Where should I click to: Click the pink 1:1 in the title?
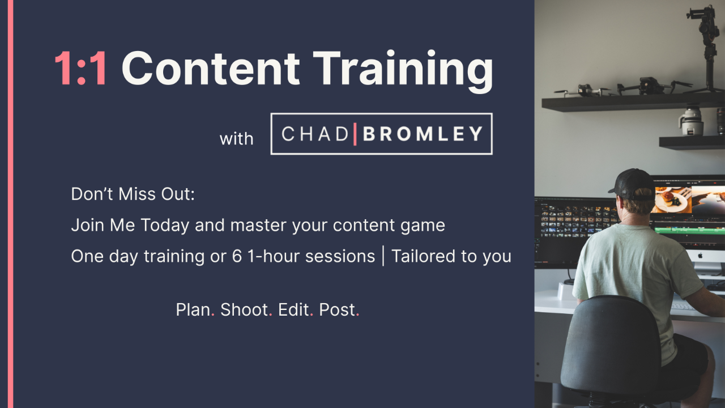[80, 69]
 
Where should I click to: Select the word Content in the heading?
[211, 69]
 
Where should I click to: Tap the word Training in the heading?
[403, 71]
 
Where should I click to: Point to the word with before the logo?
[236, 139]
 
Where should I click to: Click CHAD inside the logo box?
[314, 134]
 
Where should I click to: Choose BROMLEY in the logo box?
[423, 134]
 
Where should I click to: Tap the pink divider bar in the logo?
[355, 134]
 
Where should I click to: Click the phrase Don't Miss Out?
[133, 194]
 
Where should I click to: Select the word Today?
[165, 226]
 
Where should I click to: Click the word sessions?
[340, 257]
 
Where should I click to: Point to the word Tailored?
[424, 256]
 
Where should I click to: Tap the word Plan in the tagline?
[193, 309]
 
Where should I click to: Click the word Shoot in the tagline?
[244, 309]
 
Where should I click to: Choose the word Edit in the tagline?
[293, 309]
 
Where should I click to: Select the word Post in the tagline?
[337, 309]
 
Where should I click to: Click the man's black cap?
[633, 184]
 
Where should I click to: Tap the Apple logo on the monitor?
[700, 256]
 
